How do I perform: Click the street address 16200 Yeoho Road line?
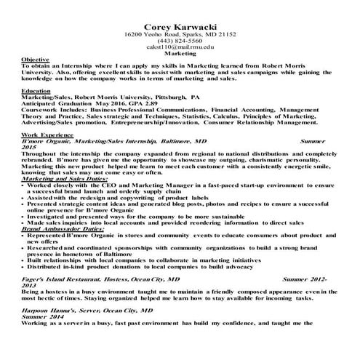coord(180,34)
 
